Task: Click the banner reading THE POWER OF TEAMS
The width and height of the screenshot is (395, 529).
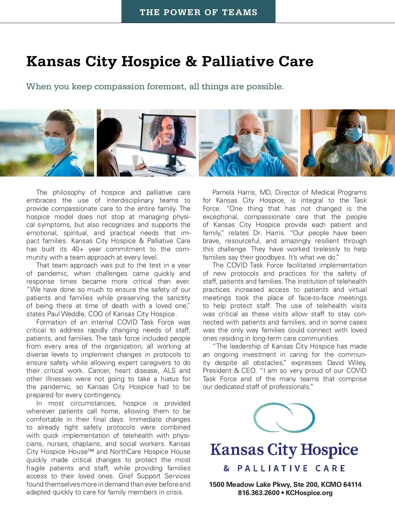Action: [x=198, y=12]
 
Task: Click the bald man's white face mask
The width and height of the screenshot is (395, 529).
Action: [x=250, y=145]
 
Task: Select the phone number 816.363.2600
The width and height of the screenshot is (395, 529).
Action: [x=258, y=493]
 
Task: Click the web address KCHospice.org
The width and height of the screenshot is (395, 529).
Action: [x=309, y=493]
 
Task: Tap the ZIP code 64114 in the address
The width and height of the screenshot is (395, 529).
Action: [x=352, y=485]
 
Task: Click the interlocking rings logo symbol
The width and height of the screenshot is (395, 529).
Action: [x=284, y=417]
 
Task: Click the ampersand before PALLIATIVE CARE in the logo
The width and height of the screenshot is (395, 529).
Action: [x=226, y=468]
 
